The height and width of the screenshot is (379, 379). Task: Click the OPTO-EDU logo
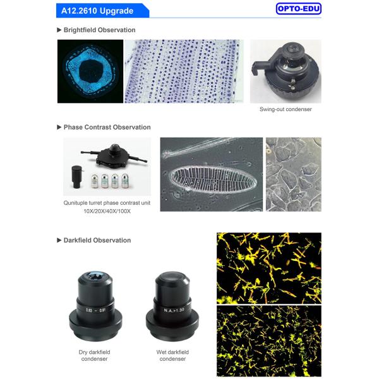298,9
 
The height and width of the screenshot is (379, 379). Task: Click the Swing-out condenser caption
286,109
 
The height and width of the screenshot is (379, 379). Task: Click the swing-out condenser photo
285,71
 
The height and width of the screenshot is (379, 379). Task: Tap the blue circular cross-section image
90,71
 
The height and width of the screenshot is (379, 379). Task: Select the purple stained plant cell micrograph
183,71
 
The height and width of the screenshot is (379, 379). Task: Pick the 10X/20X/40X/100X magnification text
106,211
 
